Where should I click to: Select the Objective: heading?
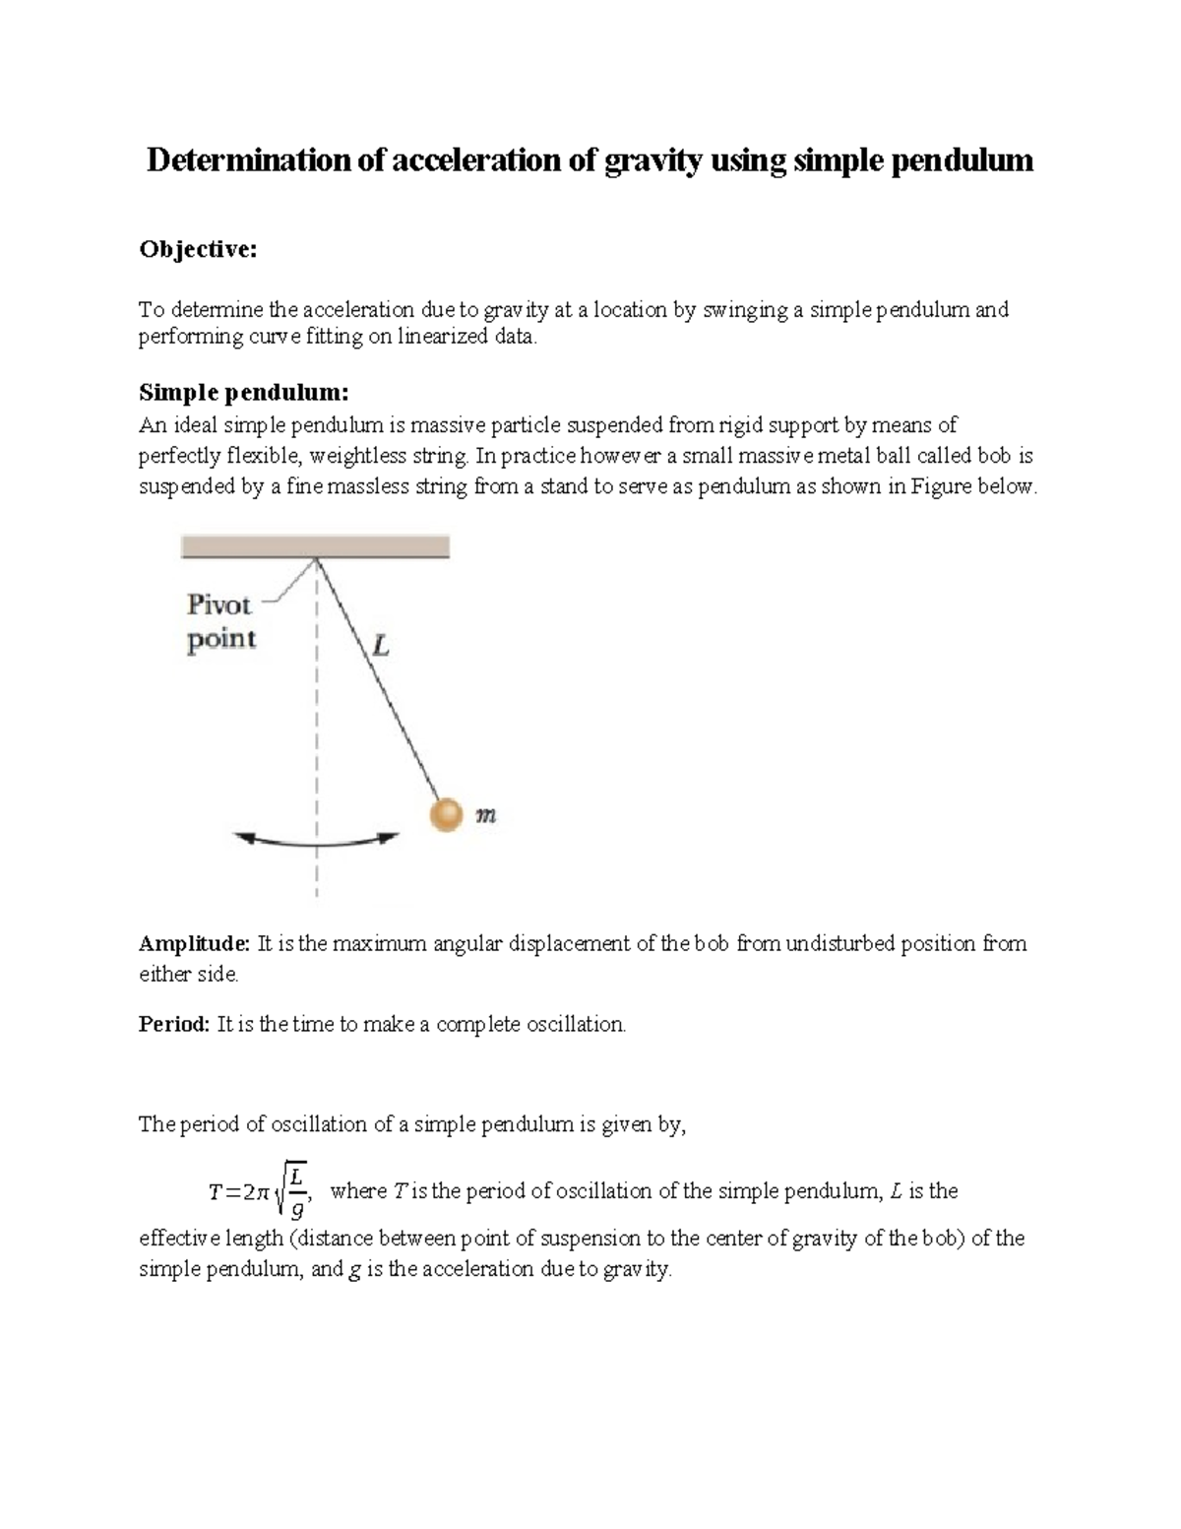tap(197, 250)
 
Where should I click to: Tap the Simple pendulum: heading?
tap(243, 393)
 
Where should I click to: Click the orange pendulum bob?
tap(446, 815)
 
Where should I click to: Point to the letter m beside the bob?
tap(484, 815)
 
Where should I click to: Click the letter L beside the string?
tap(379, 647)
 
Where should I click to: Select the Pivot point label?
tap(220, 621)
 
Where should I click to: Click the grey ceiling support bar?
tap(315, 546)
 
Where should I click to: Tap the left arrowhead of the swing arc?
tap(244, 838)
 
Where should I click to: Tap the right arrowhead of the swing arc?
tap(390, 838)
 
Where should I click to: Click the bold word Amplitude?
tap(195, 943)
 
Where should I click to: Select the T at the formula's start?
tap(215, 1192)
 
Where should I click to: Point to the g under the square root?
tap(296, 1209)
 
